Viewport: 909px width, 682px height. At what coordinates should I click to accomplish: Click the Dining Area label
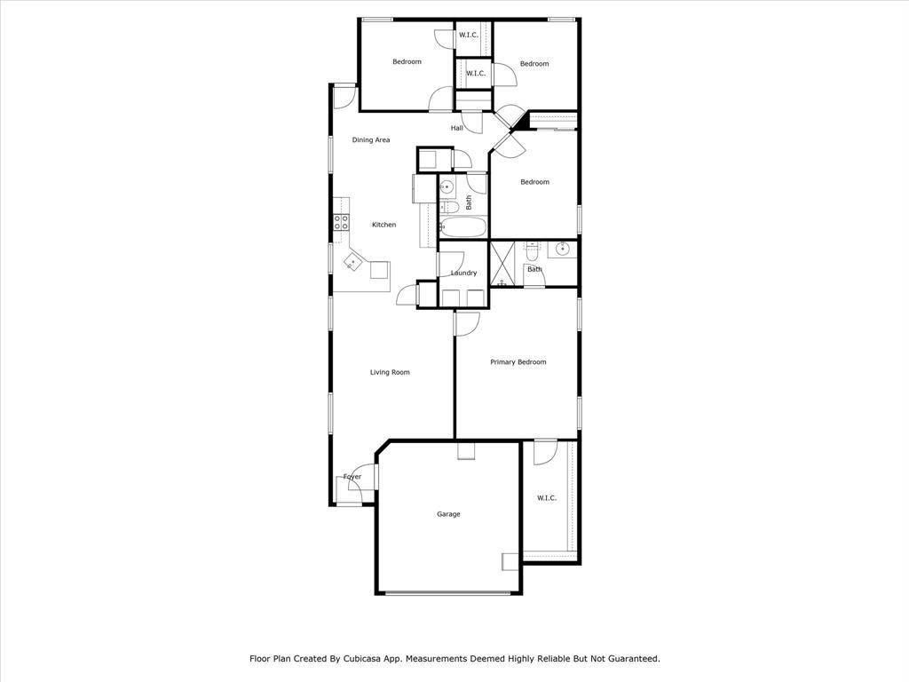click(x=370, y=140)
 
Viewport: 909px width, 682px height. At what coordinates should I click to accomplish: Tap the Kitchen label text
click(x=383, y=225)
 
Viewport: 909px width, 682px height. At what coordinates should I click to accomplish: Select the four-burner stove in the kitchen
click(x=340, y=222)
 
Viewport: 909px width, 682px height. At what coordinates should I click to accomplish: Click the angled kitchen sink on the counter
click(x=353, y=262)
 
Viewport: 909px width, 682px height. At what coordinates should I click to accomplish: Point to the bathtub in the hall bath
click(x=462, y=227)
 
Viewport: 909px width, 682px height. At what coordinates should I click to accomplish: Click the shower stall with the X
click(x=504, y=264)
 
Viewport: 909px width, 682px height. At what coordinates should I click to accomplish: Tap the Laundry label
click(x=463, y=273)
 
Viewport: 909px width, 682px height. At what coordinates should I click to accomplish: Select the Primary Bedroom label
click(x=518, y=362)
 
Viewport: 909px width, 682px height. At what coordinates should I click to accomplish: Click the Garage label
click(x=448, y=514)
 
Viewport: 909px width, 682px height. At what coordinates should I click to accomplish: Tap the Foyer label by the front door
click(x=352, y=477)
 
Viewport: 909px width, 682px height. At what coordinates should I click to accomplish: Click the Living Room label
click(x=390, y=372)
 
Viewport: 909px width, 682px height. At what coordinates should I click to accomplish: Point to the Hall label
click(x=456, y=129)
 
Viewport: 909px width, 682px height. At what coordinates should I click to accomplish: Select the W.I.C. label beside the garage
click(x=547, y=498)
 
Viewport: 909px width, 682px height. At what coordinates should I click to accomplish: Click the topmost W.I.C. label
click(x=469, y=36)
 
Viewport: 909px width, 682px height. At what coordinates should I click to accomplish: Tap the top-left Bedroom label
click(x=407, y=62)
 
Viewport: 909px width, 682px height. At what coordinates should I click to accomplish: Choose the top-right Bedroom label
click(x=534, y=64)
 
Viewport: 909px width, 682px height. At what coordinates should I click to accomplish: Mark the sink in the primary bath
click(x=561, y=250)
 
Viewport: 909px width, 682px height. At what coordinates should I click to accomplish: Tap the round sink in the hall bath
click(x=447, y=187)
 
